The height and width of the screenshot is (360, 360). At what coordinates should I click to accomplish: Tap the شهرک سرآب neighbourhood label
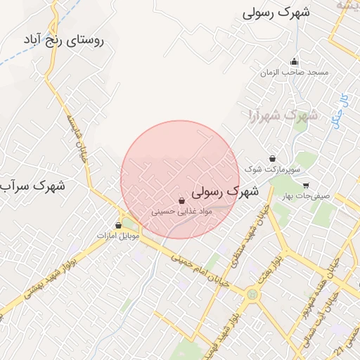point(32,186)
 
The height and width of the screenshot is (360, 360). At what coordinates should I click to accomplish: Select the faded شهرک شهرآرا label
point(281,115)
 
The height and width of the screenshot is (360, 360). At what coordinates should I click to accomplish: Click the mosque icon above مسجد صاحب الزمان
point(294,62)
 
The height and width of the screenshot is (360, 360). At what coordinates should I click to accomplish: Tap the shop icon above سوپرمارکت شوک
point(273,158)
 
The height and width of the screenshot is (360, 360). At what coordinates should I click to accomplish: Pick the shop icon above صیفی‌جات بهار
point(306,186)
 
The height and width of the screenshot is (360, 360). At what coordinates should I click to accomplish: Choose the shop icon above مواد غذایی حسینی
point(182,201)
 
